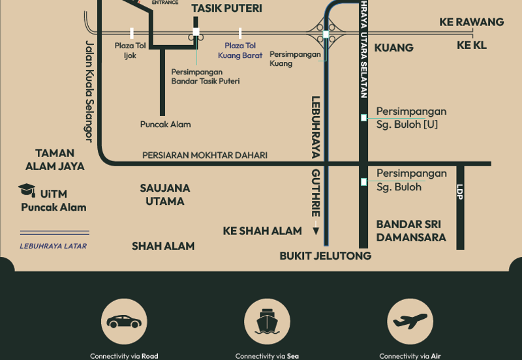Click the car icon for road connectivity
click(x=124, y=322)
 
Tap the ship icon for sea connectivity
click(x=267, y=322)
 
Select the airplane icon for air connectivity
click(x=410, y=322)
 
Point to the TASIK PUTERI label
click(x=226, y=8)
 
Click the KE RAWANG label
click(x=472, y=22)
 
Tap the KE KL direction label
click(x=472, y=45)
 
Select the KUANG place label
click(x=394, y=48)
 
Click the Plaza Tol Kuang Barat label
click(x=240, y=50)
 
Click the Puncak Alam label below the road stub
click(x=166, y=124)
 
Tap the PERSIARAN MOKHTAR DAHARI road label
click(x=205, y=155)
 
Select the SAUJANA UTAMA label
click(x=165, y=194)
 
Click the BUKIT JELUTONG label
click(x=326, y=256)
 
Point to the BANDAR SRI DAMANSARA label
click(x=411, y=231)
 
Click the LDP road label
click(x=460, y=192)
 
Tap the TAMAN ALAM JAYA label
click(x=55, y=160)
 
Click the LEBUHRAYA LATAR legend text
click(x=53, y=246)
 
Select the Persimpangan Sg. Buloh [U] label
click(x=411, y=117)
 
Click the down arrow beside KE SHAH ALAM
click(x=316, y=230)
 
